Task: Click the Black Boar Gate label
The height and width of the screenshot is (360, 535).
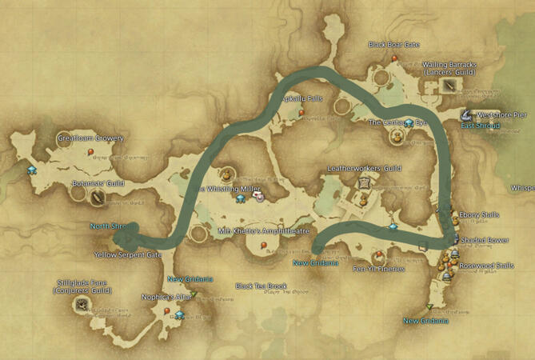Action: (x=394, y=45)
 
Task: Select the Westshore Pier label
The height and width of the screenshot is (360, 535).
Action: (x=504, y=114)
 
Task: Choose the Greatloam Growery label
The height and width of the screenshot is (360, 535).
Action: (x=90, y=138)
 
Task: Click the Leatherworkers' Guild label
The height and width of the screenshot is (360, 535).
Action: (x=365, y=169)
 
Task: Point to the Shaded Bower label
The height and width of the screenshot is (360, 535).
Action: (x=485, y=239)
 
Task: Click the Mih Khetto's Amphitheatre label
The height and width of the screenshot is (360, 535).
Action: (x=263, y=231)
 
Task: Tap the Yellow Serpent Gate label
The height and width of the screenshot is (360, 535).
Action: (x=127, y=255)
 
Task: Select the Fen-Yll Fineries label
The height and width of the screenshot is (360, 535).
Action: (x=378, y=269)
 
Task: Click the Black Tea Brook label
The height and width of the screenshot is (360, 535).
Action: (x=261, y=286)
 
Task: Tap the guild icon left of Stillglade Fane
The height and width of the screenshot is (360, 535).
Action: (x=81, y=304)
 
